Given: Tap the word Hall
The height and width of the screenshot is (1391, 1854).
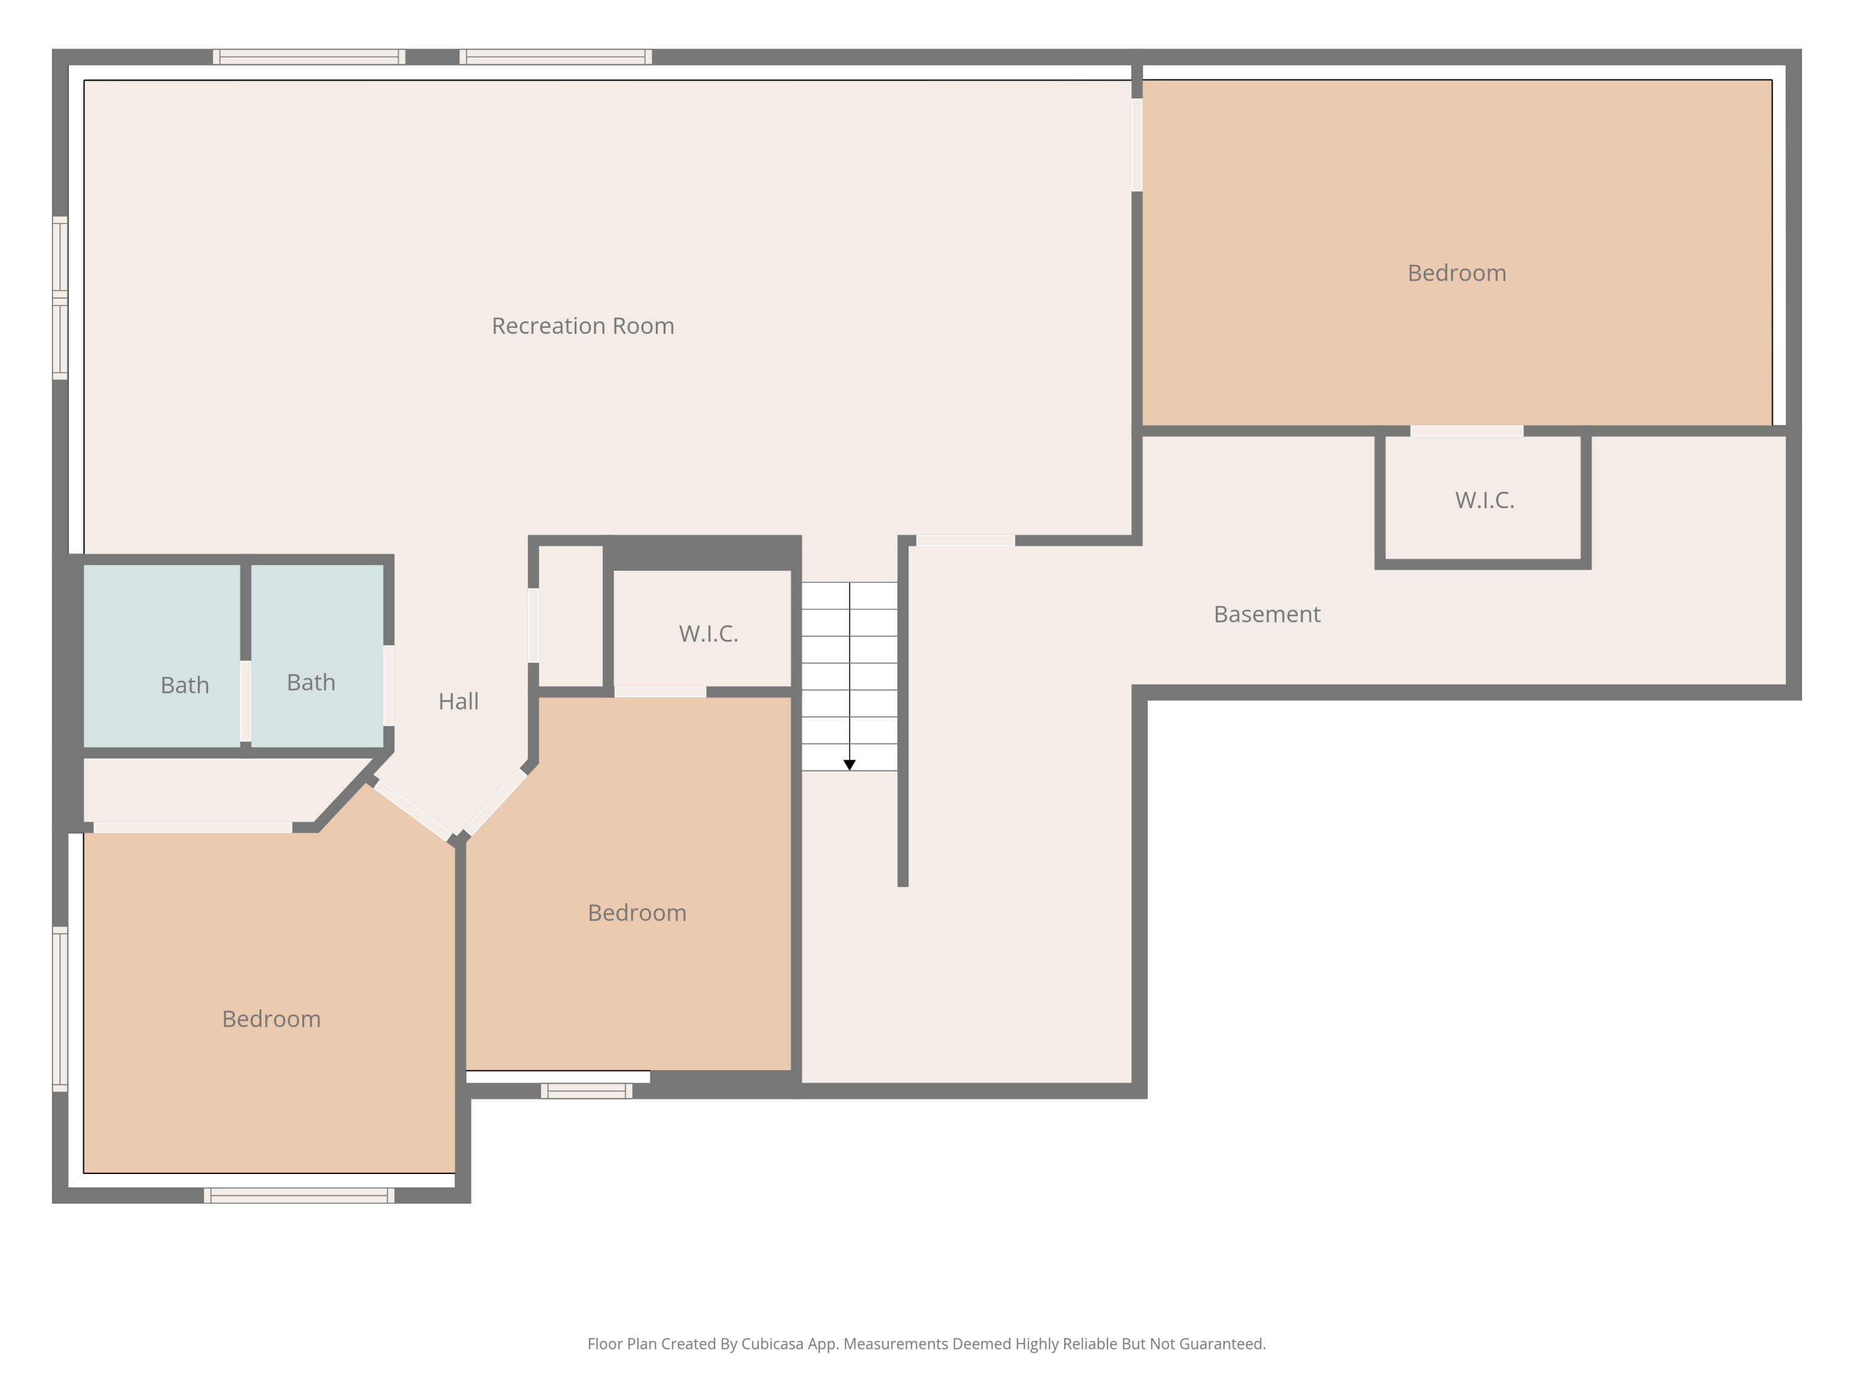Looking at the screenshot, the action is (x=459, y=701).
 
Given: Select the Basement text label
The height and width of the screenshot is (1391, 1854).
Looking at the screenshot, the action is (x=1266, y=614).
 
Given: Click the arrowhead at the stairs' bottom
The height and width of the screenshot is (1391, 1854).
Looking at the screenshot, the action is (x=849, y=765).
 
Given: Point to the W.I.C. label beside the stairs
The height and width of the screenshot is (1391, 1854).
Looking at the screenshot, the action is (x=708, y=633).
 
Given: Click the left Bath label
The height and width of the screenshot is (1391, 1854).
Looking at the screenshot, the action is (x=184, y=685).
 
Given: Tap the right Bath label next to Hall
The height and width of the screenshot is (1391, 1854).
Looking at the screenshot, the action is (x=311, y=683).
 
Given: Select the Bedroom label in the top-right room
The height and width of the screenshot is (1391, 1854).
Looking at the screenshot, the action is (x=1457, y=273).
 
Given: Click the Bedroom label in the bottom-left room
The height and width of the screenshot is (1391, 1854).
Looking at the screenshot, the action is (x=271, y=1019).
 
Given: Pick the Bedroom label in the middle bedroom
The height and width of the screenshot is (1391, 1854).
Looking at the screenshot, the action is (x=637, y=912).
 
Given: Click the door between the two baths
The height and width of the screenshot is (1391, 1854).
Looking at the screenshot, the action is (x=245, y=701).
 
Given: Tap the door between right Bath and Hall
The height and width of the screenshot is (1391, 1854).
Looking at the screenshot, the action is (x=389, y=685).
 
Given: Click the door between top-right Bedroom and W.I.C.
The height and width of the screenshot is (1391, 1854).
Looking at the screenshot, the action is (x=1467, y=431).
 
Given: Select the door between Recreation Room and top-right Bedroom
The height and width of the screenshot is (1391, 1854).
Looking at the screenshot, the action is (x=1137, y=145).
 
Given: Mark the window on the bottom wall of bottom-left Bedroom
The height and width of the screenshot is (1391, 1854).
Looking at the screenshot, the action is (x=299, y=1196).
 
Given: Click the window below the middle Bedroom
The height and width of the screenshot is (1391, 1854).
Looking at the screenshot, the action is (x=586, y=1091).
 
